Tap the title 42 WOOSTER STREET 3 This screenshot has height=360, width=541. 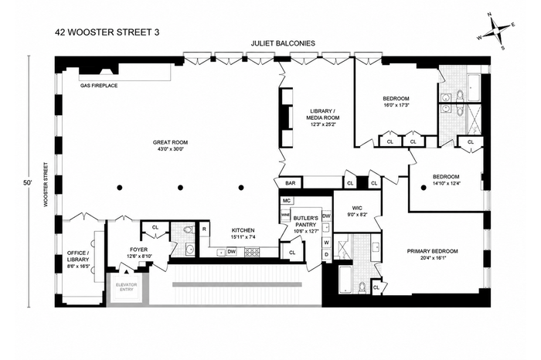[107, 32]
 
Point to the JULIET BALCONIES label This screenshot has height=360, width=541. [283, 43]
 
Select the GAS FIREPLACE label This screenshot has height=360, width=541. [99, 86]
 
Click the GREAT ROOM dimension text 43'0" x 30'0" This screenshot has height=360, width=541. [171, 149]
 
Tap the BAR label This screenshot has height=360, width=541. [291, 183]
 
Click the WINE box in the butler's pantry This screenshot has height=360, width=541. [285, 215]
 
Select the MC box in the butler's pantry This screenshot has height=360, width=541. [286, 201]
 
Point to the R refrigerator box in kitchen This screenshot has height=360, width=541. [204, 229]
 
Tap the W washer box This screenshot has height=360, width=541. [327, 243]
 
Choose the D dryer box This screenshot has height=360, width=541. [327, 254]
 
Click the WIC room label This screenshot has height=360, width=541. [357, 208]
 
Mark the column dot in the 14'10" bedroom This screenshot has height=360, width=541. [423, 188]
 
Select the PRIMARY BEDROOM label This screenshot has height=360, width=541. [432, 251]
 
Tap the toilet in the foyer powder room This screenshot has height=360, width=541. [187, 229]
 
